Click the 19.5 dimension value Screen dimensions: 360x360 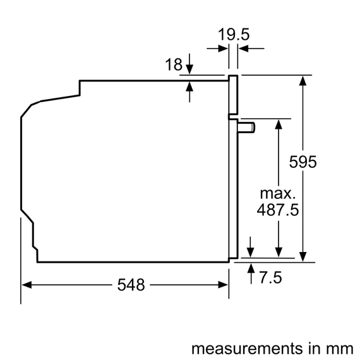[233, 34]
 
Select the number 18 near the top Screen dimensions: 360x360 [173, 64]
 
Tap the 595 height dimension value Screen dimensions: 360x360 [303, 162]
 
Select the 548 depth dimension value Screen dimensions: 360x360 [131, 284]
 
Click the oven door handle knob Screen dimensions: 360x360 [248, 127]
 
